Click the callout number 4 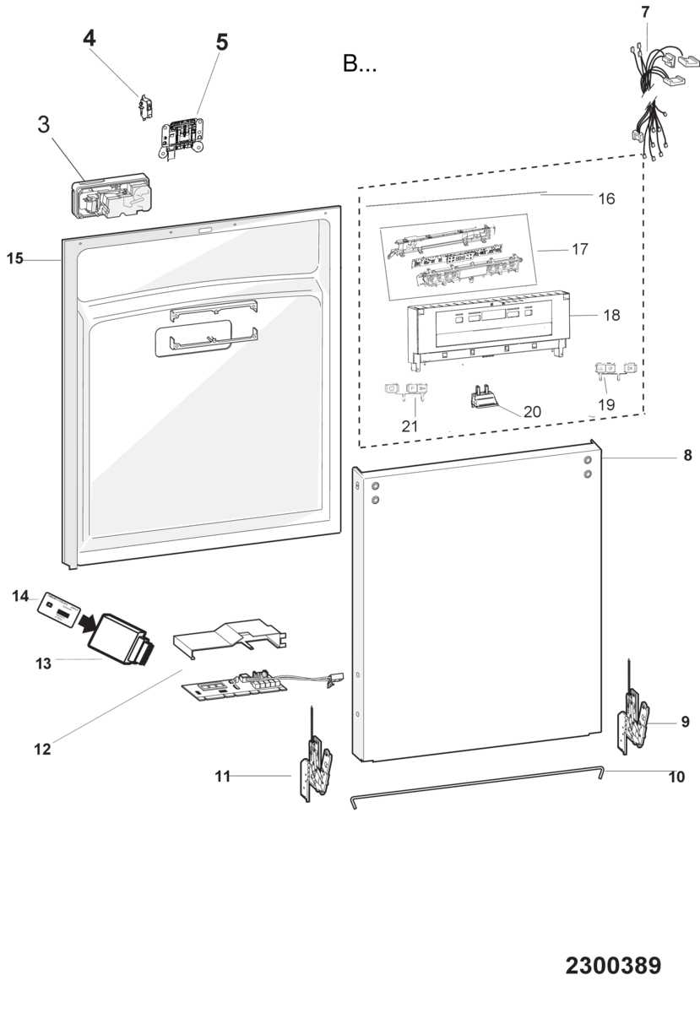tap(90, 39)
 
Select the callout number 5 tap(222, 42)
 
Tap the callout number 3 tap(43, 124)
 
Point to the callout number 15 tap(14, 258)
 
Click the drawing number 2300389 tap(613, 966)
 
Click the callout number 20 tap(532, 412)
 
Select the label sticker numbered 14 tap(59, 608)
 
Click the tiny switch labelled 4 tap(144, 107)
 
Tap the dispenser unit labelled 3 tap(111, 195)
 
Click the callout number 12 tap(42, 750)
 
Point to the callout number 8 tap(688, 455)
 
